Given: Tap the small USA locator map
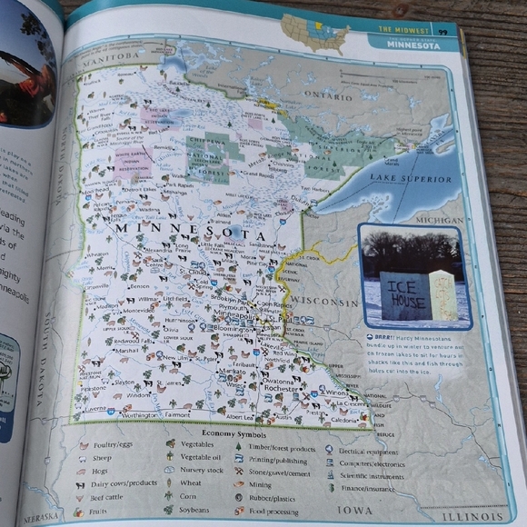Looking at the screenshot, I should (313, 33).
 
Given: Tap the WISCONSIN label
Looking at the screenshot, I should (324, 301).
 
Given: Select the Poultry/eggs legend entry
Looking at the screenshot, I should (107, 446).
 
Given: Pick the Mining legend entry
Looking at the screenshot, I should (263, 485).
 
